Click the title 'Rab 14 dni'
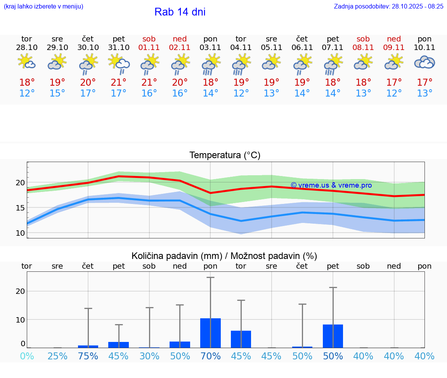click(x=180, y=12)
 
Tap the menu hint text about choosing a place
click(x=43, y=6)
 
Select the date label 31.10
click(x=119, y=48)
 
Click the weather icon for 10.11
click(x=424, y=62)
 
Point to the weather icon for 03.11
click(x=210, y=64)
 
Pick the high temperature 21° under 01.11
click(x=149, y=82)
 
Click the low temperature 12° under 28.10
click(x=27, y=93)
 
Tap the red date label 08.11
click(x=363, y=48)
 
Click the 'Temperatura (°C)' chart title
click(x=225, y=155)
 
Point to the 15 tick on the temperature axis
click(x=20, y=208)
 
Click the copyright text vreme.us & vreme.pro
click(x=331, y=185)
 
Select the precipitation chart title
click(x=224, y=256)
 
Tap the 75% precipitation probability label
click(x=88, y=356)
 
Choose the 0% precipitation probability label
click(x=27, y=356)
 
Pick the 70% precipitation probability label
click(x=210, y=356)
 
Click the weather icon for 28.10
click(x=27, y=62)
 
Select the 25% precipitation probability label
click(x=57, y=356)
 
